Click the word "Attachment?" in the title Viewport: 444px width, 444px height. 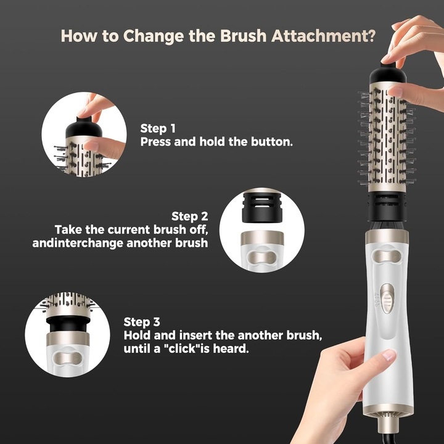click(x=323, y=36)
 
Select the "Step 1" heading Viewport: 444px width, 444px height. click(x=158, y=128)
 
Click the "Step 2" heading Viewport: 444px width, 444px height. click(x=189, y=216)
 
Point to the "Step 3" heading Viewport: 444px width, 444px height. click(x=142, y=322)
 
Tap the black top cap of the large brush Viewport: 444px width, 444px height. click(x=387, y=74)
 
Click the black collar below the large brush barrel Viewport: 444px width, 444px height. click(x=387, y=206)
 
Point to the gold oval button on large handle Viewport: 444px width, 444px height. click(x=387, y=257)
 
